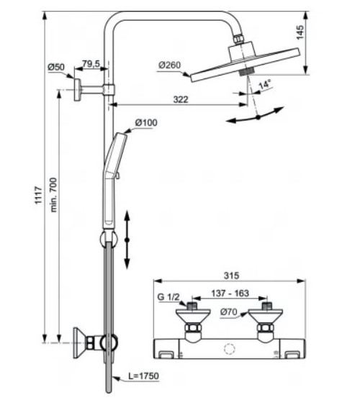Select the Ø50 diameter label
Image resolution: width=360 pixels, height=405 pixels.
coord(56,67)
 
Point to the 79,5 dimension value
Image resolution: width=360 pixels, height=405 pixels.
coord(91,65)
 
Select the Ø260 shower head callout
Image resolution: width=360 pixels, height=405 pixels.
coord(169,65)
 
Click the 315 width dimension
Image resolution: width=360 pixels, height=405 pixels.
coord(230,276)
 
